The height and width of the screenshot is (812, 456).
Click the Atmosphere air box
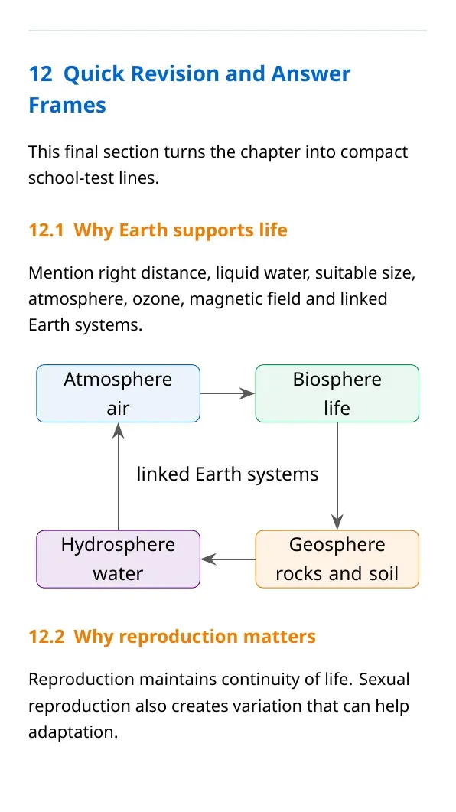[118, 393]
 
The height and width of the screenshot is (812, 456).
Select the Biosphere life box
[337, 393]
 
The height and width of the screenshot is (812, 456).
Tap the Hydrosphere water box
[118, 559]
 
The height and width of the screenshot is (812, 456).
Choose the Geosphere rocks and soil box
[337, 559]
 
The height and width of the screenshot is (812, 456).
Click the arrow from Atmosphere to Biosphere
[228, 393]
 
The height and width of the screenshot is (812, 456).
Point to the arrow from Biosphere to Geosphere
[337, 477]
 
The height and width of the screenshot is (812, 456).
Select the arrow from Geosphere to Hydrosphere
[228, 559]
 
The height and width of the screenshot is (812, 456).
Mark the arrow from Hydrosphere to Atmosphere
[118, 477]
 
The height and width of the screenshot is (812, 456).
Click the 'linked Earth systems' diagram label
[228, 474]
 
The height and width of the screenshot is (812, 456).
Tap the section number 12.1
[47, 230]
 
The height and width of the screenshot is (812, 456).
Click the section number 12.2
[47, 637]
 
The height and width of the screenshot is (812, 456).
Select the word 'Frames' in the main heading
[67, 105]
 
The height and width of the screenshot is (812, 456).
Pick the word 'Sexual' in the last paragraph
[384, 679]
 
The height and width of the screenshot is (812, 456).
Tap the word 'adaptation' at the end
[73, 732]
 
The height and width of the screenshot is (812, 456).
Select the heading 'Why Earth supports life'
[181, 230]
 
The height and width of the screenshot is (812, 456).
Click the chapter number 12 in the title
[41, 74]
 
